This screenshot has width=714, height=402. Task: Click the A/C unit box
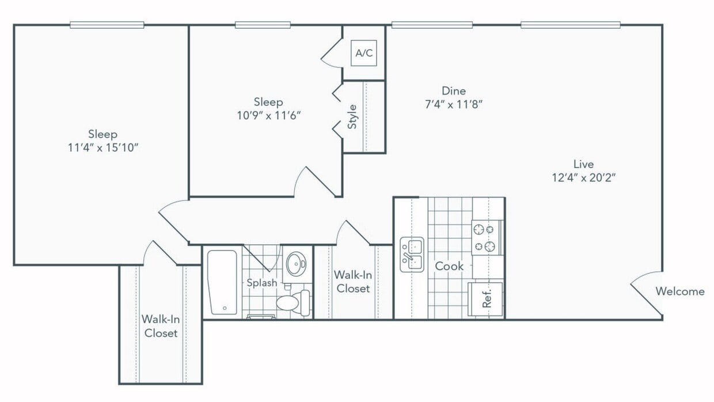364,54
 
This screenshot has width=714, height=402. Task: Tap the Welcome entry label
679,291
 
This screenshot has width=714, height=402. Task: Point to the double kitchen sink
412,255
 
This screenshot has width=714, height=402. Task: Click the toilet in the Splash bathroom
294,303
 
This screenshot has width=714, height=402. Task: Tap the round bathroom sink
297,264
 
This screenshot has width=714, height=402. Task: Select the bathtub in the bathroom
222,282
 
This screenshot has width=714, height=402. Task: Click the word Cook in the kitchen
449,266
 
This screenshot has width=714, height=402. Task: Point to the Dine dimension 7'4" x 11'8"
453,104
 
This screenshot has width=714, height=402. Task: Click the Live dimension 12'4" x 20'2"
583,178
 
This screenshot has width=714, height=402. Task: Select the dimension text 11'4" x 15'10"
103,147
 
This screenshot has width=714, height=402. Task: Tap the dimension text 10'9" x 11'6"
268,115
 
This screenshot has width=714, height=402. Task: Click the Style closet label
352,116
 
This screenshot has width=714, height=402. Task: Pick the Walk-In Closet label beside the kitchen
353,282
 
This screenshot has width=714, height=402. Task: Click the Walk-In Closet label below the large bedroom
161,327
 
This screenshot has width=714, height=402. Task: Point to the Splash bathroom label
262,283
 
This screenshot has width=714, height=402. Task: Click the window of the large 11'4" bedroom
107,25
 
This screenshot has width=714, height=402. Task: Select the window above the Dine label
432,25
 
